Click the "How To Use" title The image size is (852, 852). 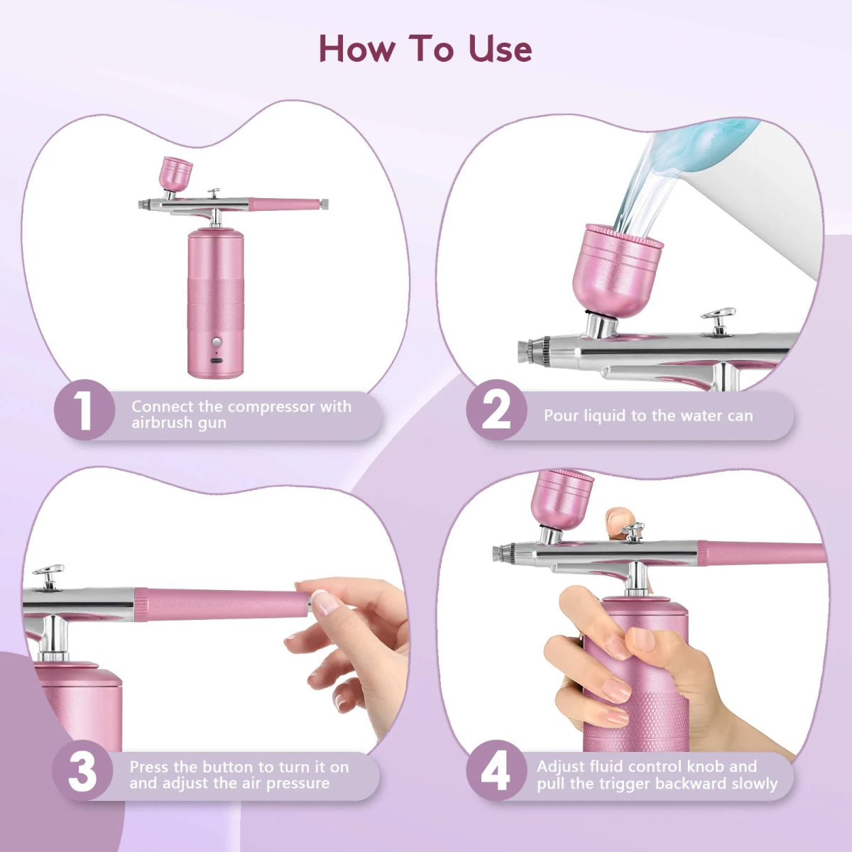click(x=425, y=48)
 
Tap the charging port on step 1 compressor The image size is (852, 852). click(x=216, y=361)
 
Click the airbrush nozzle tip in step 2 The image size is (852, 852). click(x=524, y=349)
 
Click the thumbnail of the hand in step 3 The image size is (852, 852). click(x=326, y=602)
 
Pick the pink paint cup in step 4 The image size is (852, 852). click(x=562, y=497)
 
